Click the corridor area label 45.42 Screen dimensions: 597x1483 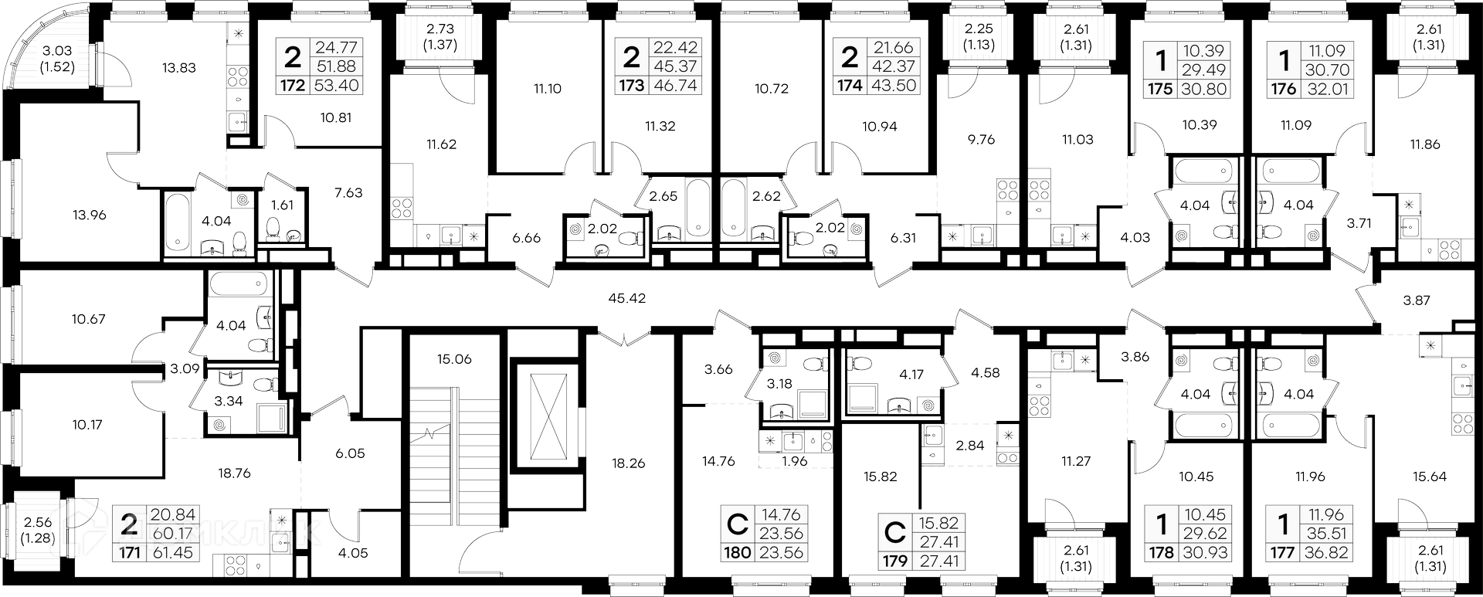click(x=626, y=298)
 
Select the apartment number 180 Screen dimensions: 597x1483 click(x=737, y=553)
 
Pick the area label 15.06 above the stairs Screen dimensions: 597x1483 click(x=453, y=359)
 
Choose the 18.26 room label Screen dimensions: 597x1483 click(x=627, y=464)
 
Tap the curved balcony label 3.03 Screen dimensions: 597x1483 click(x=57, y=51)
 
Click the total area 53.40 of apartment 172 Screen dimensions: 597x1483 click(x=335, y=86)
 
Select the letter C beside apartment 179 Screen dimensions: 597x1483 click(x=894, y=532)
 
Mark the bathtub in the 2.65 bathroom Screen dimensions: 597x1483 click(x=697, y=207)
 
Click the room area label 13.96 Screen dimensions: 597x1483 click(x=87, y=215)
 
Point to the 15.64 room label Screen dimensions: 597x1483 click(x=1429, y=477)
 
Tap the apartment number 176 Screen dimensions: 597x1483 click(x=1283, y=89)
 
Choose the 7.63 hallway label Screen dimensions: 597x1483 click(x=348, y=193)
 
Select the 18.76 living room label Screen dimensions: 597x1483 click(x=234, y=473)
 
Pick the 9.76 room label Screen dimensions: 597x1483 click(x=981, y=140)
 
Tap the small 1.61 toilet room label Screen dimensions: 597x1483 click(x=282, y=205)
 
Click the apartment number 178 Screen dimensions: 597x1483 click(x=1161, y=553)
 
